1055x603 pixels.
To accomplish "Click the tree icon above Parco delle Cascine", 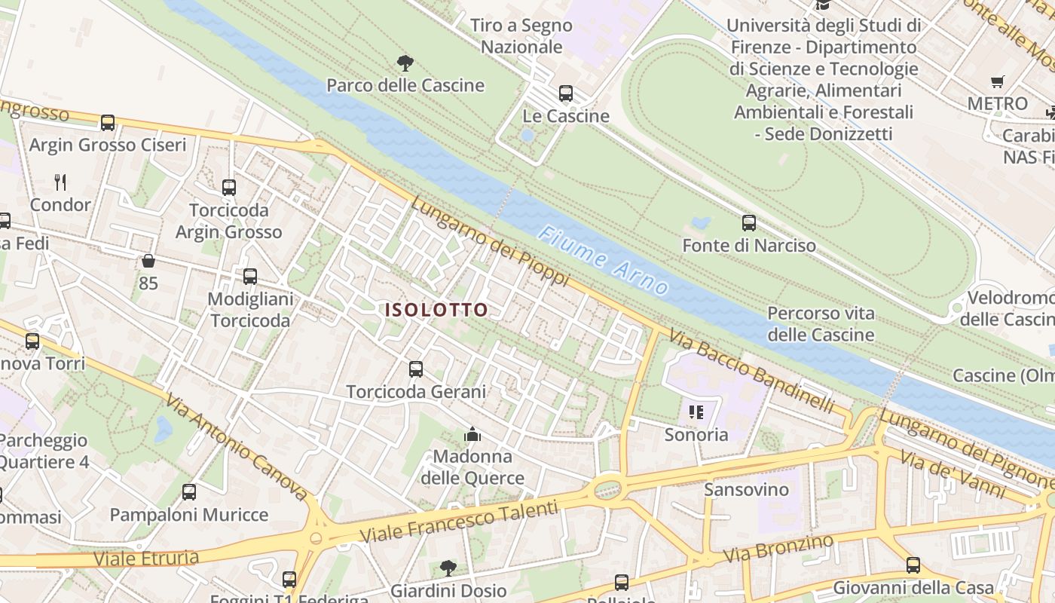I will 405,62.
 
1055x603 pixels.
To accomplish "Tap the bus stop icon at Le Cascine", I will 566,93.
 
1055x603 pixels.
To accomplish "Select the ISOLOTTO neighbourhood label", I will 436,310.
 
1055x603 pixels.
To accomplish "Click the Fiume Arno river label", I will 603,261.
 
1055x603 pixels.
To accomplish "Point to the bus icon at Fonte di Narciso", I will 748,223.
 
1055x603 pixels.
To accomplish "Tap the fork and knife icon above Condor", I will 60,182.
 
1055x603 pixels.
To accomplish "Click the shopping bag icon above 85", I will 148,261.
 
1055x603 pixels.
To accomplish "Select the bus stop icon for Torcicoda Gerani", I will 416,369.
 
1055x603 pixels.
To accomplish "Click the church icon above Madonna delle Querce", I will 472,434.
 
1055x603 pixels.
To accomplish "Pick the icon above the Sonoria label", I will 696,412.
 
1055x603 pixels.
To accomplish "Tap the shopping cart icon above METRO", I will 998,81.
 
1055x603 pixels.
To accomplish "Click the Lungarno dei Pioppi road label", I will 490,241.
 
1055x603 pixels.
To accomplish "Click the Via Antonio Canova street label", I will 235,446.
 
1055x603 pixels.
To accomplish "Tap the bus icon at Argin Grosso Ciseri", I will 108,122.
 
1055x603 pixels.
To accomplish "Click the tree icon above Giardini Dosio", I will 448,567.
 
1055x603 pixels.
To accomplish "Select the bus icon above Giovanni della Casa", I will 913,565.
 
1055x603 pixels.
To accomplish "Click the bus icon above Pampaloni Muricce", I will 189,492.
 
